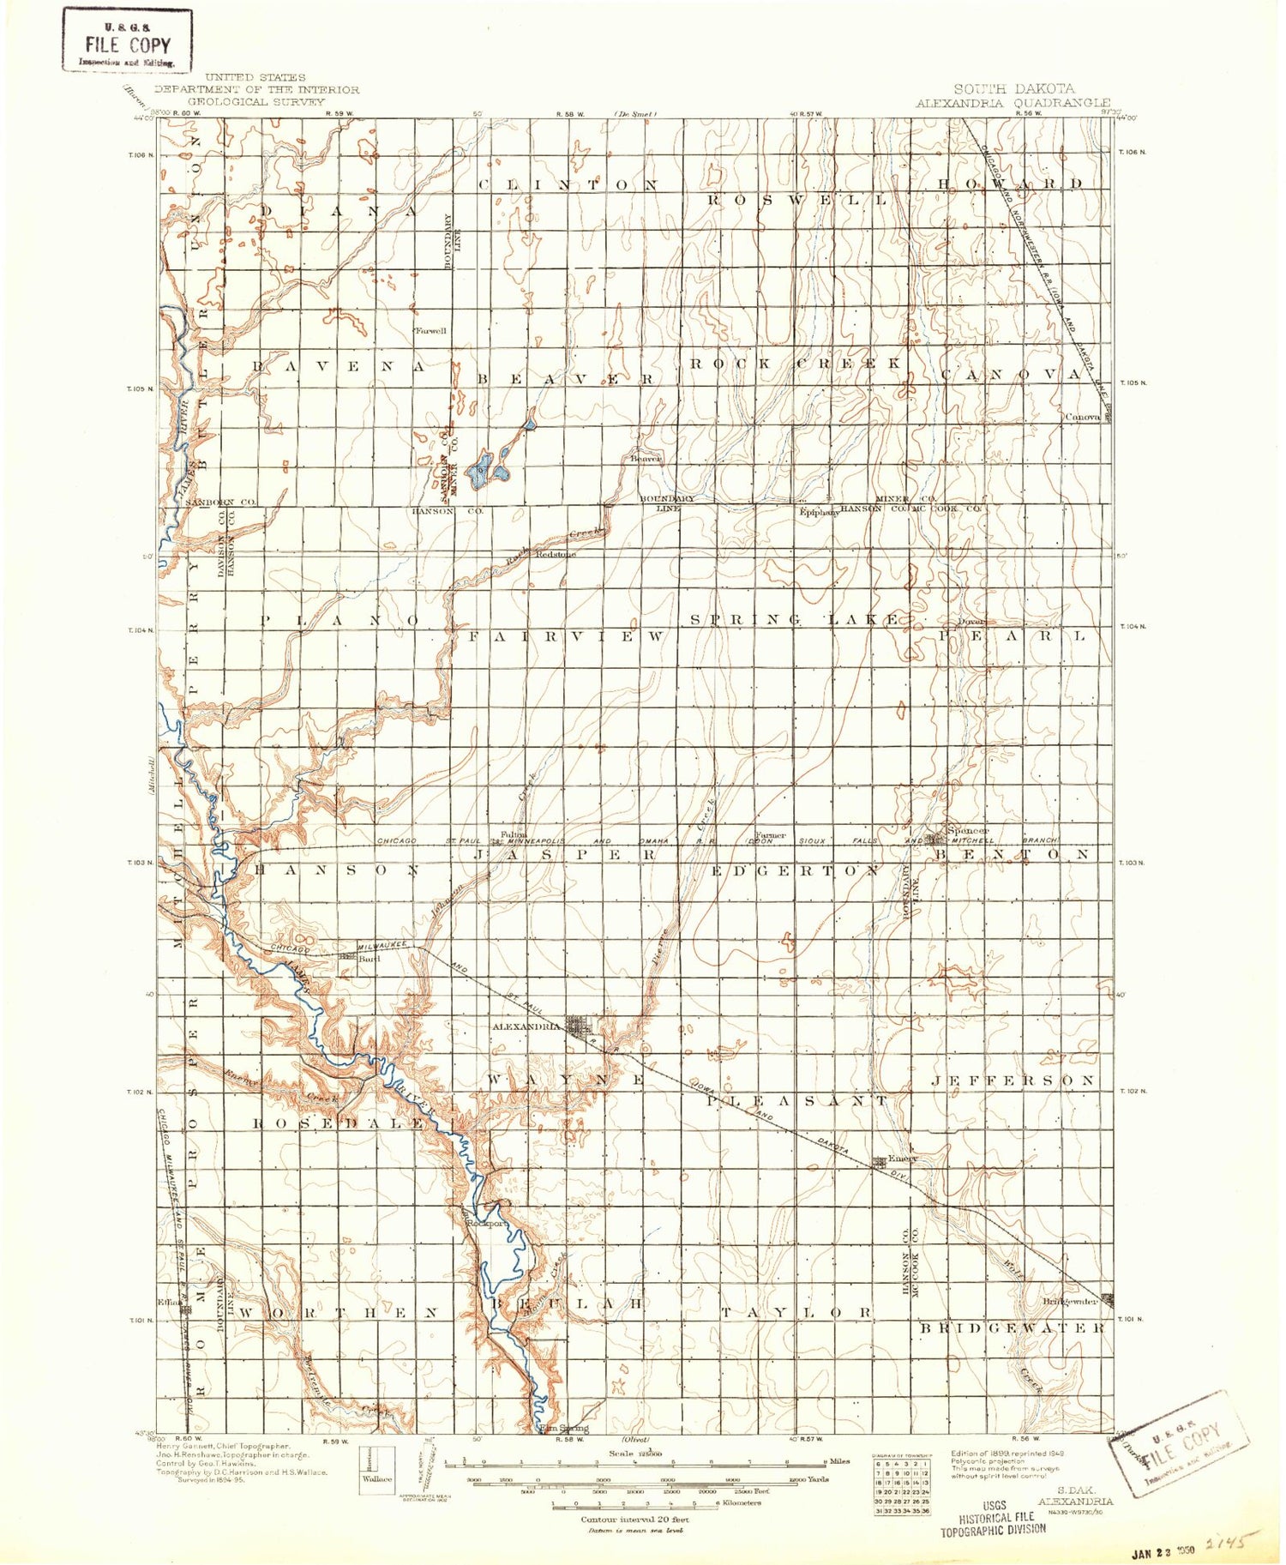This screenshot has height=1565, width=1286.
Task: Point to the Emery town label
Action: click(x=903, y=1158)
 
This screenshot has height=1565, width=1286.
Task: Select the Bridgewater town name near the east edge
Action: click(x=1070, y=1301)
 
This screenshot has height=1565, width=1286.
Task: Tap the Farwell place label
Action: click(x=430, y=331)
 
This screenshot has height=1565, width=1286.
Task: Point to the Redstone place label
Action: click(x=556, y=555)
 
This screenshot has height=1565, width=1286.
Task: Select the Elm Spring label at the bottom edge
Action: click(x=566, y=1429)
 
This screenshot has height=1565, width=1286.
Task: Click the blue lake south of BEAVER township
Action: click(x=484, y=468)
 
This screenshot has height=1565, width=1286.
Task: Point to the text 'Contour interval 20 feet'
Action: click(x=634, y=1520)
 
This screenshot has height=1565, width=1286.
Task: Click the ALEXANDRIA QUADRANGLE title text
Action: click(x=1013, y=102)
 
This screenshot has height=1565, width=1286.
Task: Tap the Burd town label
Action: click(x=370, y=960)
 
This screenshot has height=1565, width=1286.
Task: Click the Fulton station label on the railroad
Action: click(x=514, y=834)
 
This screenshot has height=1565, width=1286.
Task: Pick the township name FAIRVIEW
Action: click(x=567, y=637)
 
